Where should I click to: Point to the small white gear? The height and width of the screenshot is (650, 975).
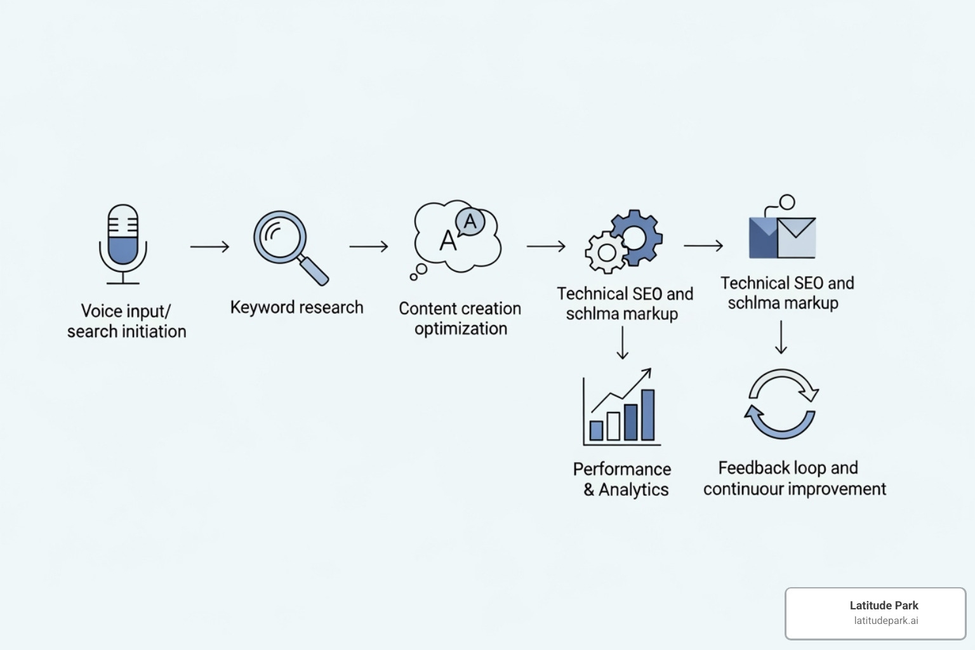607,253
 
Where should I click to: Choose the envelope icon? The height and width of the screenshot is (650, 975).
782,237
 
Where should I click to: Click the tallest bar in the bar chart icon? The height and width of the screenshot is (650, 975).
647,415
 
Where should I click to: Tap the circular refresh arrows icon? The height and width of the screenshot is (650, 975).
781,404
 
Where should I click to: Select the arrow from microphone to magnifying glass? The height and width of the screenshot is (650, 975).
209,246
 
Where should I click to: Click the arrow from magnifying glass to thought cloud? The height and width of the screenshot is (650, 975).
369,246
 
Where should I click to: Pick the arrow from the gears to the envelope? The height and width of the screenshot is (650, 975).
703,245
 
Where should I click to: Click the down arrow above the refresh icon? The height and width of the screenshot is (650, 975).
781,337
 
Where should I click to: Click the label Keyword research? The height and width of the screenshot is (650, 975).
296,307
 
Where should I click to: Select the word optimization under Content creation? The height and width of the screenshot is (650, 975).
461,329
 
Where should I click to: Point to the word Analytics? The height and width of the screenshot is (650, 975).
633,489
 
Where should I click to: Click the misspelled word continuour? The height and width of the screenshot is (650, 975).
741,489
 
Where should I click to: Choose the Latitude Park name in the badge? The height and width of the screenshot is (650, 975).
884,606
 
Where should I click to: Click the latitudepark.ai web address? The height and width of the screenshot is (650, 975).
885,621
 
